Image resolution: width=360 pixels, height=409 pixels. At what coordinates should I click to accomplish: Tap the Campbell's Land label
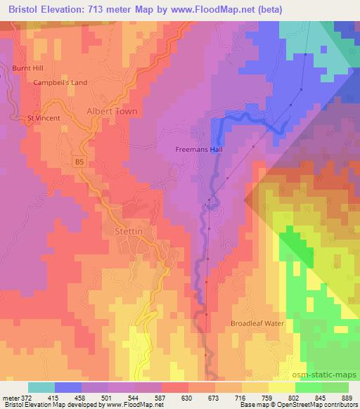click(x=60, y=82)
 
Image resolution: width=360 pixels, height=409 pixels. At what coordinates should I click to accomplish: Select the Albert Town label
click(x=111, y=112)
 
